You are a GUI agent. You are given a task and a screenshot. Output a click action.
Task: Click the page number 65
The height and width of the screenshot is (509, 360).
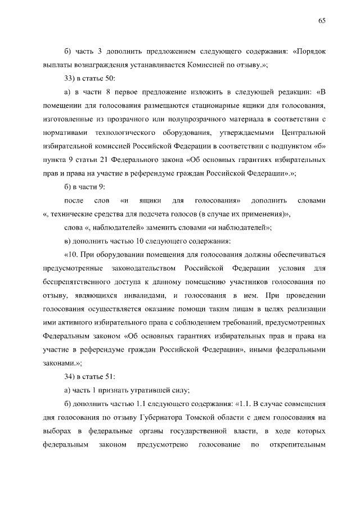coord(322,21)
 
